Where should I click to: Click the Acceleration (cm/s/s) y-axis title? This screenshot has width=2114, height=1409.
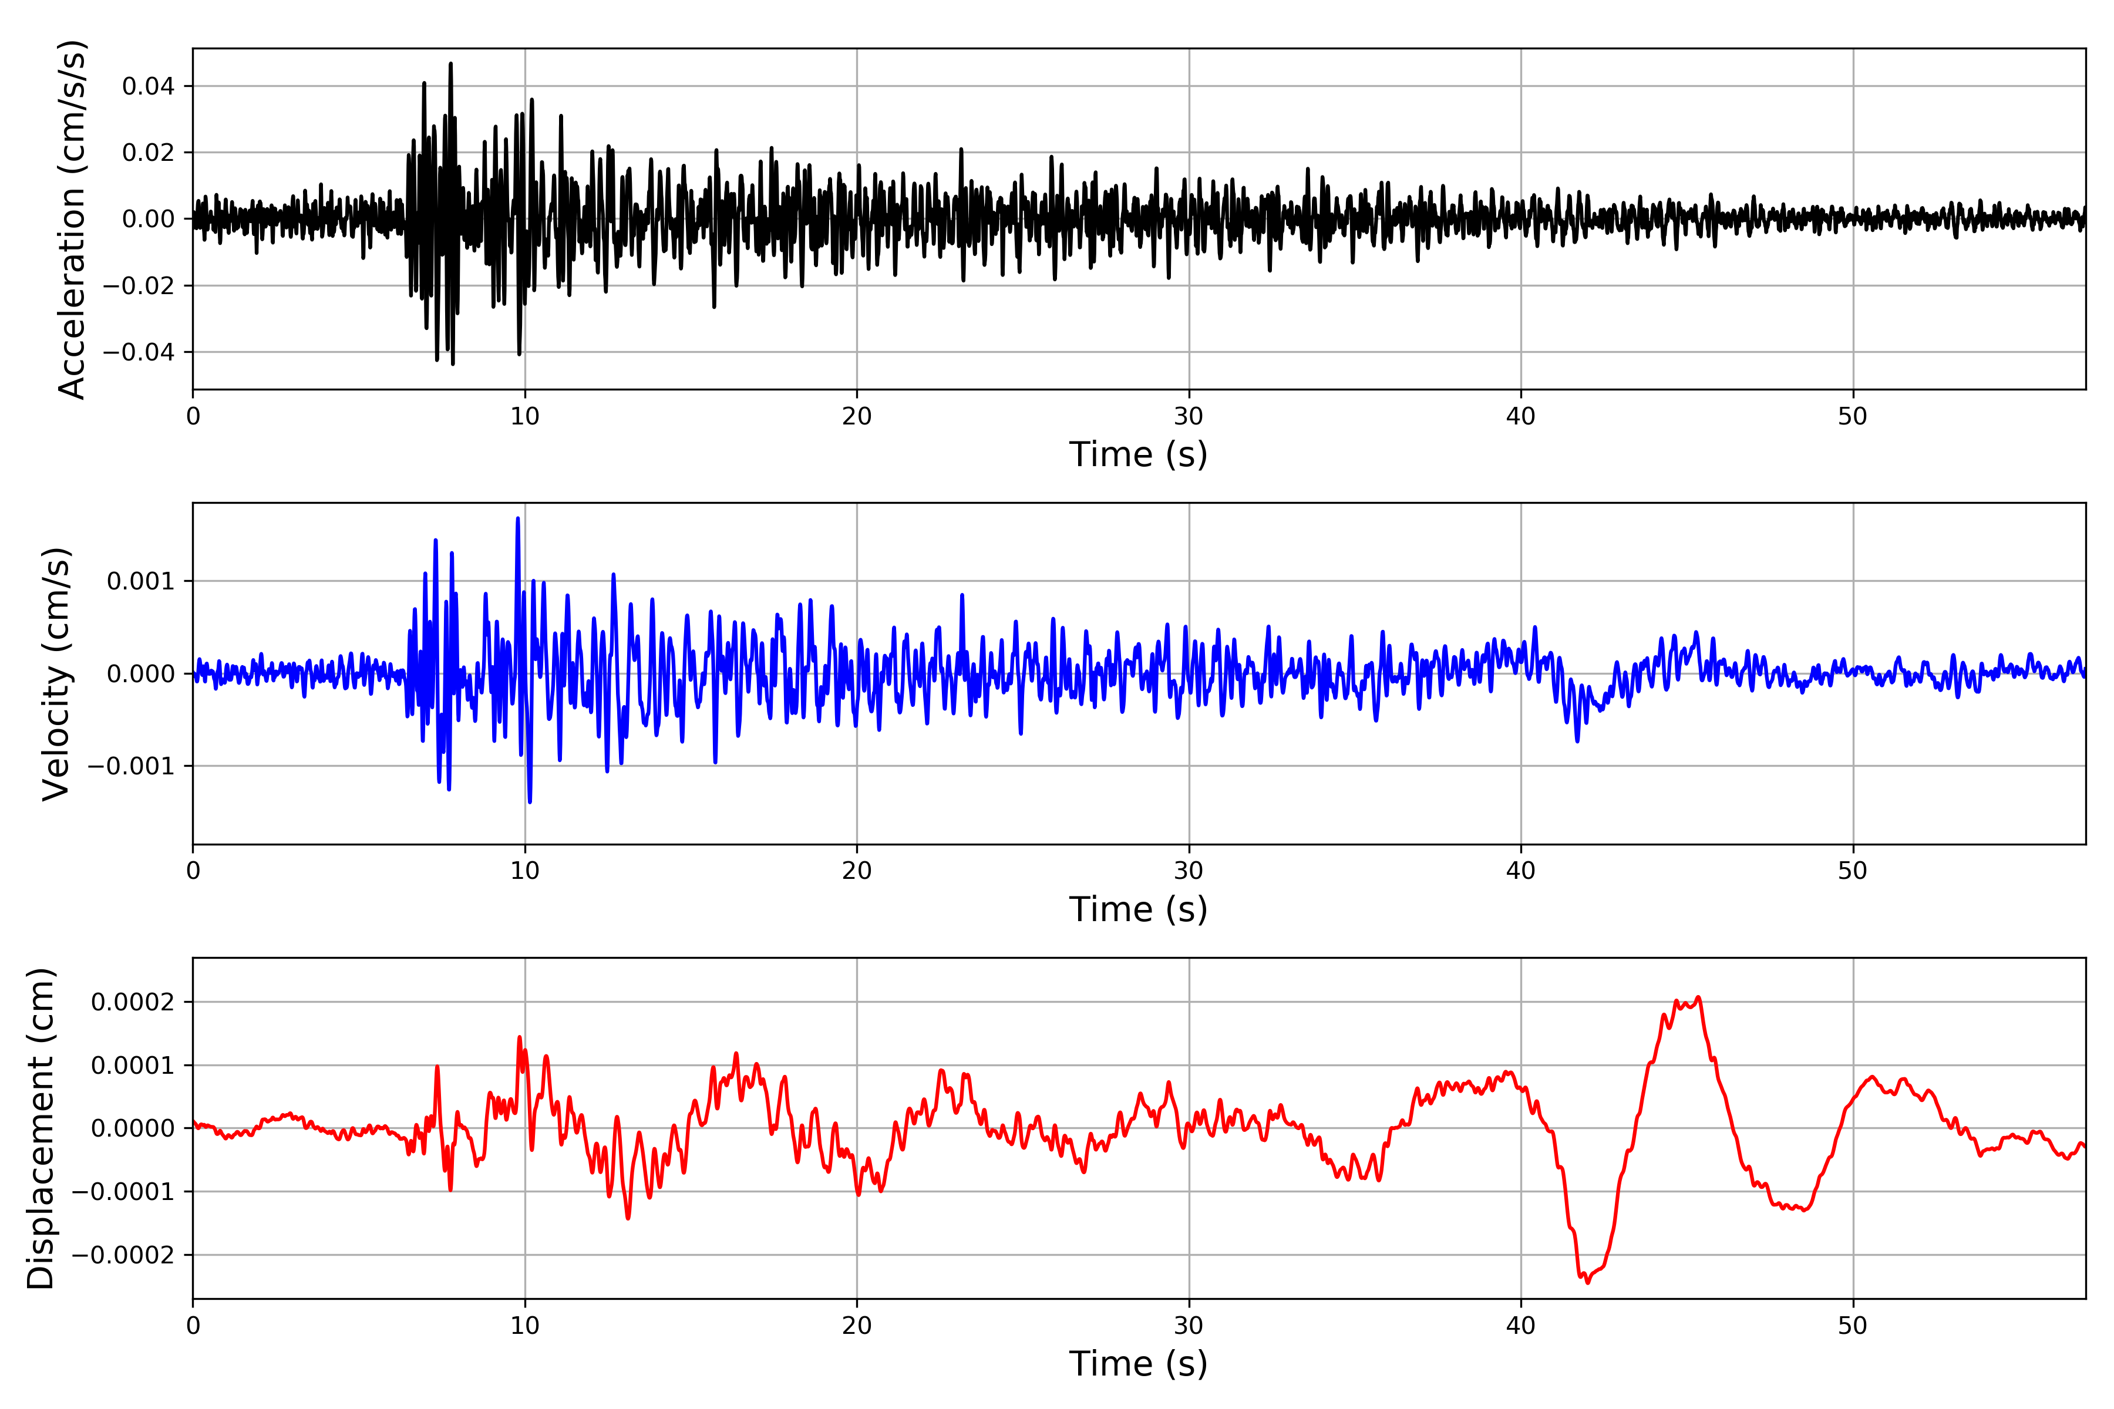point(72,219)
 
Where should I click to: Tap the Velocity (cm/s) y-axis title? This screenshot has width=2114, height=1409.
point(56,674)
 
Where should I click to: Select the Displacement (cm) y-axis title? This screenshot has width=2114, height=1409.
point(41,1128)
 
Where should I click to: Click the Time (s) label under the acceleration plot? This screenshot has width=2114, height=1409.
point(1138,454)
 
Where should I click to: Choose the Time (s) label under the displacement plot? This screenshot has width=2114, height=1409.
point(1138,1364)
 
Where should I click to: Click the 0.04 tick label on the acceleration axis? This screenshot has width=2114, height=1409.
point(149,86)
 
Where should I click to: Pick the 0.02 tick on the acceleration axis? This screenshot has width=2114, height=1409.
point(149,153)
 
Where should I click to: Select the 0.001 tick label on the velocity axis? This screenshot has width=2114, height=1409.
point(140,581)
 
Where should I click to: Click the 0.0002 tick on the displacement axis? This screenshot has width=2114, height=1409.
point(133,1002)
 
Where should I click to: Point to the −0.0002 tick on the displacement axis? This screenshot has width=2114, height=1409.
point(123,1255)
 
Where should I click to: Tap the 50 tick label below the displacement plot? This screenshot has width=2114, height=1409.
point(1853,1326)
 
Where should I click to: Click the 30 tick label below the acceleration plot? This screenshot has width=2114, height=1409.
point(1188,416)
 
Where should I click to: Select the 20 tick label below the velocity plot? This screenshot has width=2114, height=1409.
point(857,871)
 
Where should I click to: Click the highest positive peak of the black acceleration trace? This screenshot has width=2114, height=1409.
point(450,64)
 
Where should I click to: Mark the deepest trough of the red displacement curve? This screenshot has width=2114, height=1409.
point(1587,1282)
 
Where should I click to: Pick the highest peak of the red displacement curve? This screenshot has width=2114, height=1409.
point(1698,997)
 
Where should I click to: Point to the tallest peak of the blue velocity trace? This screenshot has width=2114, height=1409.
point(518,518)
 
